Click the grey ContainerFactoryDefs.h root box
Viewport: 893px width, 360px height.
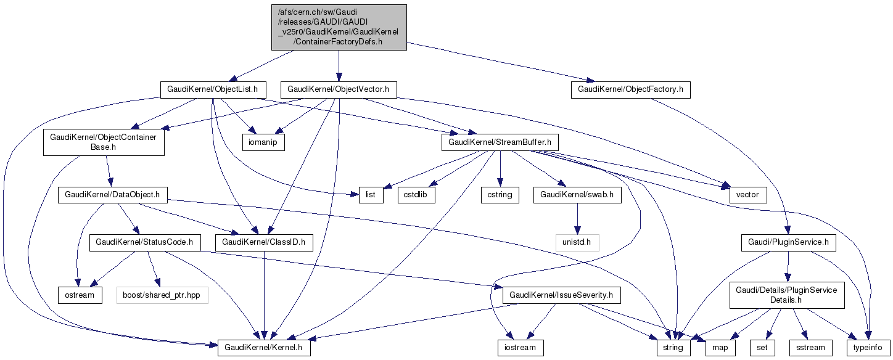[339, 27]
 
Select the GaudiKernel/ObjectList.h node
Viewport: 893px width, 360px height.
[213, 89]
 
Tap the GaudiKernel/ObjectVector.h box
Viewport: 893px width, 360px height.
[338, 89]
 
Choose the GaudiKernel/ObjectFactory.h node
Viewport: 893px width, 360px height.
[630, 89]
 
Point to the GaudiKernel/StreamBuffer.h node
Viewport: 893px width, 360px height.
[500, 142]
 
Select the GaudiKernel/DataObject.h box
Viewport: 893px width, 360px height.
[113, 195]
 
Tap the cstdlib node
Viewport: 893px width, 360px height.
[416, 195]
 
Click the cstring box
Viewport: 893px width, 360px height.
[500, 195]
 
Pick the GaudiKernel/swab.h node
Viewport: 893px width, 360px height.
[577, 195]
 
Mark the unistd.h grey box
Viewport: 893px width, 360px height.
[577, 242]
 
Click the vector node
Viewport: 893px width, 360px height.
[747, 195]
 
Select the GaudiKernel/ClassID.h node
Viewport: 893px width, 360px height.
[264, 242]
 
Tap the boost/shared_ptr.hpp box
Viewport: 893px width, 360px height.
[162, 295]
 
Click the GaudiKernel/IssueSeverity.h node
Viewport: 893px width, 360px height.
[562, 295]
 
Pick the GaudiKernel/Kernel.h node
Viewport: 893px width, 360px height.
[264, 348]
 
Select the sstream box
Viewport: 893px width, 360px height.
[809, 348]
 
